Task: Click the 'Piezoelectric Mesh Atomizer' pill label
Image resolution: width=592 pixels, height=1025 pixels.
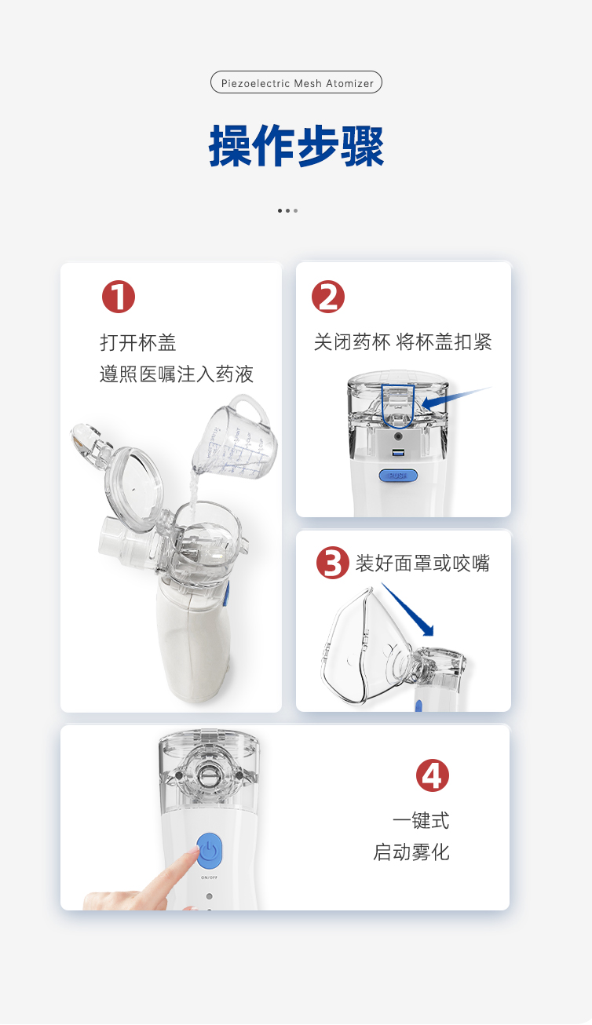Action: coord(296,82)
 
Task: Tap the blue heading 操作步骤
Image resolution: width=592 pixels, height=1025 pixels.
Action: coord(296,146)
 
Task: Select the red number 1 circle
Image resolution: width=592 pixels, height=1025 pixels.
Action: coord(119,297)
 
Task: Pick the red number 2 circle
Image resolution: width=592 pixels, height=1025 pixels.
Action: coord(328,297)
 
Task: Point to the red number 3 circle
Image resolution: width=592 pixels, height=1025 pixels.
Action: coord(332,563)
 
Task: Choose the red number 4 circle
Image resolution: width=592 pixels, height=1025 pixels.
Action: coord(432,775)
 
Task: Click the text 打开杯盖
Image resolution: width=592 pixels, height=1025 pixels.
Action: coord(138,343)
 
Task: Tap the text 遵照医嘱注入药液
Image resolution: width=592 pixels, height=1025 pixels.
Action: coord(177,374)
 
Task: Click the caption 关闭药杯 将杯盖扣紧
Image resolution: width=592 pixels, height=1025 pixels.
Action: coord(403,342)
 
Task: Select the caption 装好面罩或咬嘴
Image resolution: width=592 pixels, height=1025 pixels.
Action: coord(422,564)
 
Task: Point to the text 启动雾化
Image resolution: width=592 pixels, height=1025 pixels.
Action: coord(411,852)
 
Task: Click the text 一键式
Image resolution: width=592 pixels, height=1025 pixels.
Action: coord(421,820)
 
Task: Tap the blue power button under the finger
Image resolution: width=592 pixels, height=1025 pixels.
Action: coord(210,851)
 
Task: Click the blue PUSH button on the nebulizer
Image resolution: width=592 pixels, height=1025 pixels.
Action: coord(398,476)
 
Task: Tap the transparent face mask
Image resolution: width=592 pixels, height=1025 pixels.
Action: coord(362,647)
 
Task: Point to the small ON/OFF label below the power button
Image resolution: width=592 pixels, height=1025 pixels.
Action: coord(209,877)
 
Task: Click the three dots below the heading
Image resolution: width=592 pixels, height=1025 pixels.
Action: coord(287,210)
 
